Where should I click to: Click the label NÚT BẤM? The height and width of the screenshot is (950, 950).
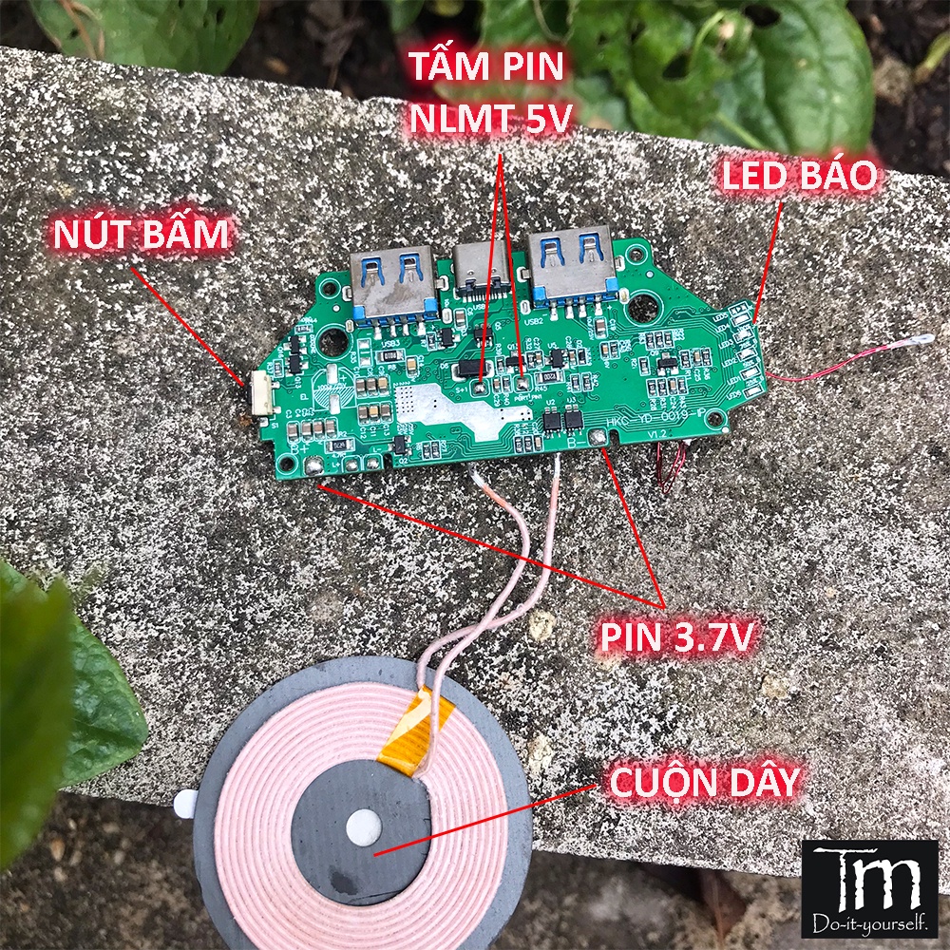[x=141, y=234]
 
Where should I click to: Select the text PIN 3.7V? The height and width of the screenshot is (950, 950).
[x=676, y=637]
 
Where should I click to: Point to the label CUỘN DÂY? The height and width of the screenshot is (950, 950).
[x=704, y=784]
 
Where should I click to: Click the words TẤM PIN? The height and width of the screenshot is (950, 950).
[x=486, y=67]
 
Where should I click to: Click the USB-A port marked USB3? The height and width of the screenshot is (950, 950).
[x=391, y=279]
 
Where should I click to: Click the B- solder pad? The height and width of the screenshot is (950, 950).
[x=598, y=438]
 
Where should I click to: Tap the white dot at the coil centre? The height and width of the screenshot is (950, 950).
[x=363, y=826]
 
